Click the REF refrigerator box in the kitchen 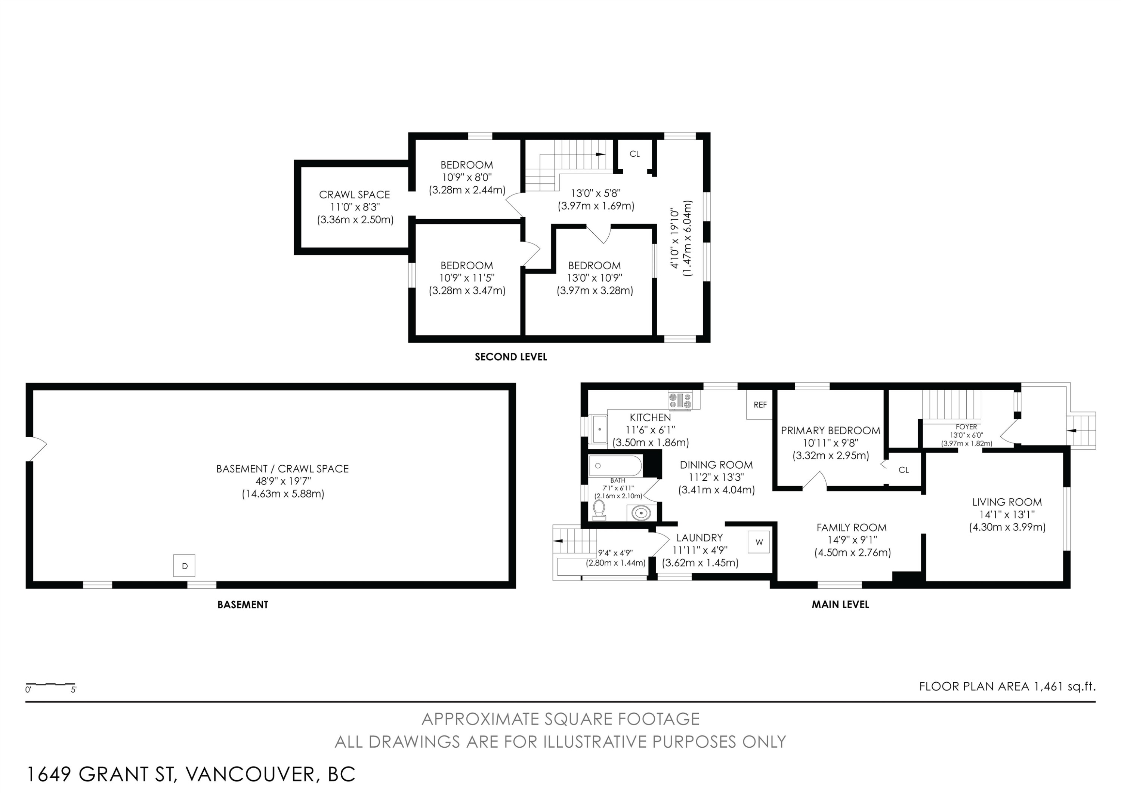[x=760, y=405]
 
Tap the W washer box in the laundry [x=759, y=542]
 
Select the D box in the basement [x=185, y=566]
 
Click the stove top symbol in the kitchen [x=680, y=401]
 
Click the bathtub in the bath [x=615, y=466]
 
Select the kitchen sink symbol [x=599, y=429]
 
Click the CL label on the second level [x=634, y=154]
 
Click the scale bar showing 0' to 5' [x=50, y=685]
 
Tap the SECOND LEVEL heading [x=511, y=357]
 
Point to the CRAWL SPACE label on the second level [x=355, y=195]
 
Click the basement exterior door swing [x=37, y=448]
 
